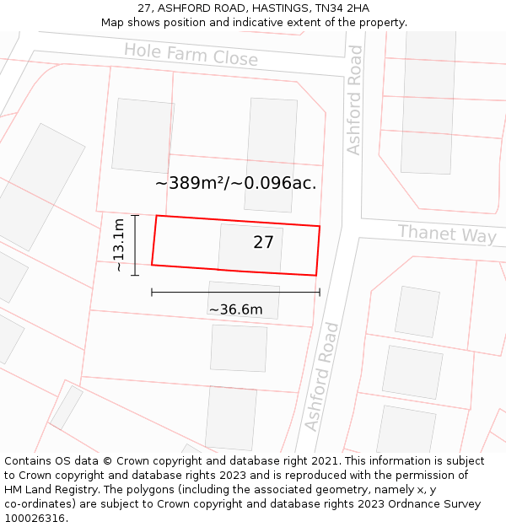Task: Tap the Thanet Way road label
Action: click(x=446, y=233)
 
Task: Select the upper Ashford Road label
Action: click(x=354, y=99)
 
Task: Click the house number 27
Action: click(x=263, y=243)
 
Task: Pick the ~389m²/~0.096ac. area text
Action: click(x=236, y=183)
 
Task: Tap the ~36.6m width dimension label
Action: click(x=235, y=309)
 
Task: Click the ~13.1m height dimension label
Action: click(x=119, y=245)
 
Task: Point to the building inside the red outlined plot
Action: click(x=250, y=249)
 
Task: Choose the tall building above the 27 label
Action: click(x=270, y=154)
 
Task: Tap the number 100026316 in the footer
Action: click(x=35, y=519)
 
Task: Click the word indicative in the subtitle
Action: click(x=278, y=23)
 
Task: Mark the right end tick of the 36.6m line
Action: click(x=320, y=293)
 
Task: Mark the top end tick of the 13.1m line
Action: click(x=135, y=216)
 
